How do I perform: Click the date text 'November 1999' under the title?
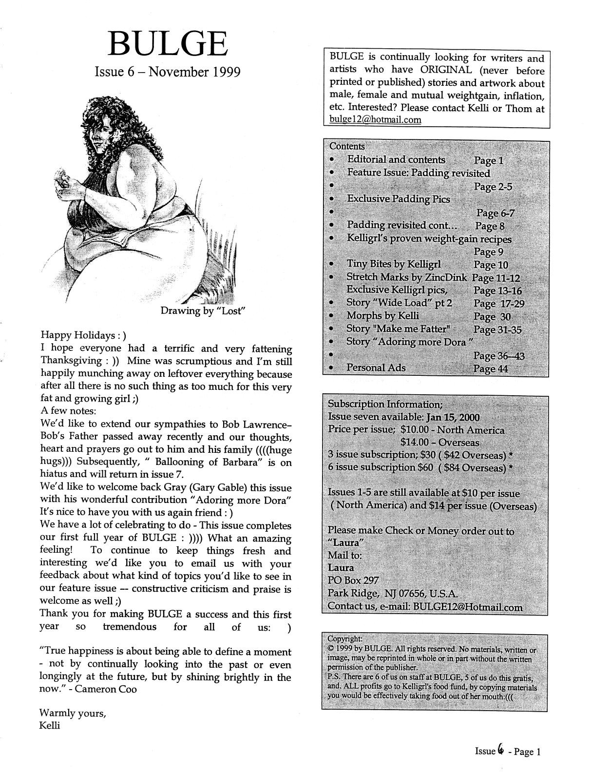194,72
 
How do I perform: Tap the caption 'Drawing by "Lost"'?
202,311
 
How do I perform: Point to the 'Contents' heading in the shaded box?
347,146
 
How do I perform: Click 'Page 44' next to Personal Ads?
490,368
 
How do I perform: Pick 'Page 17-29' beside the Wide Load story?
498,303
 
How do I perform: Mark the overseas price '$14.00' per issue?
416,443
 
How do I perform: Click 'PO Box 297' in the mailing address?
353,580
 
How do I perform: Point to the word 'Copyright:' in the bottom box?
345,638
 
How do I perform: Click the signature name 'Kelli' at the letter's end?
49,725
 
